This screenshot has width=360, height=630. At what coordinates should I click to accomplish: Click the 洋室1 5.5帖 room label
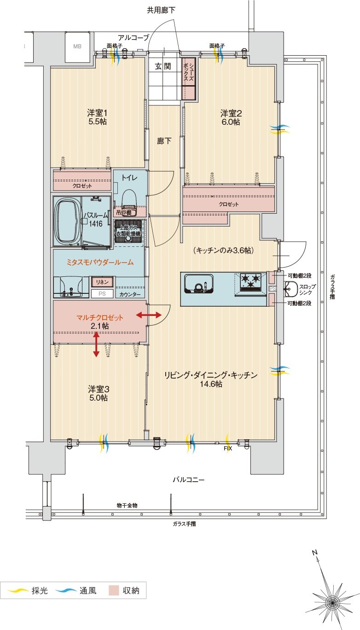pos(98,117)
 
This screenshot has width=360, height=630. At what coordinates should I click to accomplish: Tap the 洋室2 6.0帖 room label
pos(230,117)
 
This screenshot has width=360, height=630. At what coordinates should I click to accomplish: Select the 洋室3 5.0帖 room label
pos(98,393)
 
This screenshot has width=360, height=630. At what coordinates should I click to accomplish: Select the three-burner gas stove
pos(250,281)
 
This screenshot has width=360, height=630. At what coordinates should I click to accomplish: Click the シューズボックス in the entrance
pos(189,79)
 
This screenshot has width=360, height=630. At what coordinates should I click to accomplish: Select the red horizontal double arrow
pos(149,315)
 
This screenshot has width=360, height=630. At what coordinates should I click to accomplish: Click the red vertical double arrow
pos(96,344)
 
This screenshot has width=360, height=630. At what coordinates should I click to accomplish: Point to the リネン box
pos(102,281)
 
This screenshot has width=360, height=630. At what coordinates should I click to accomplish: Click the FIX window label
pos(227,448)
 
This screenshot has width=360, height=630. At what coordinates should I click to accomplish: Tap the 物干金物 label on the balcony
pos(127,505)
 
